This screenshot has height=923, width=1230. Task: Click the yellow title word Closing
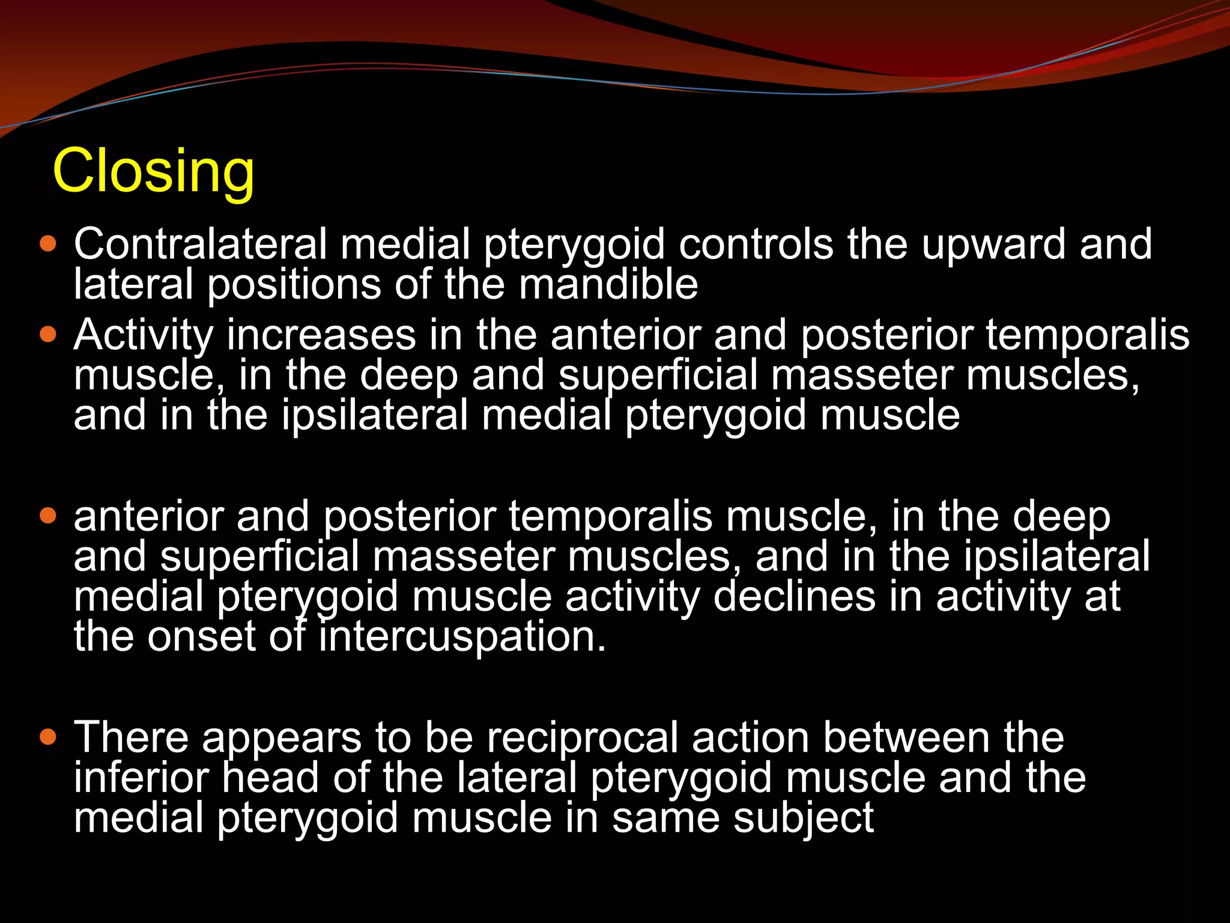(x=154, y=172)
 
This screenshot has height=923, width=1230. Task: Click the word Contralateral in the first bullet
(x=200, y=244)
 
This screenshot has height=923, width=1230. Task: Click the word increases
(x=321, y=335)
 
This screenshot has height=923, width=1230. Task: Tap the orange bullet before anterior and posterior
(x=47, y=515)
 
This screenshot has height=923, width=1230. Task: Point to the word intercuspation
(x=462, y=638)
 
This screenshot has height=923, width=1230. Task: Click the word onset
(x=202, y=638)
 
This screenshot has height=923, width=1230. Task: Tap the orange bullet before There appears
(x=47, y=736)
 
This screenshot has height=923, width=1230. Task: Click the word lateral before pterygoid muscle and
(x=517, y=778)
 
